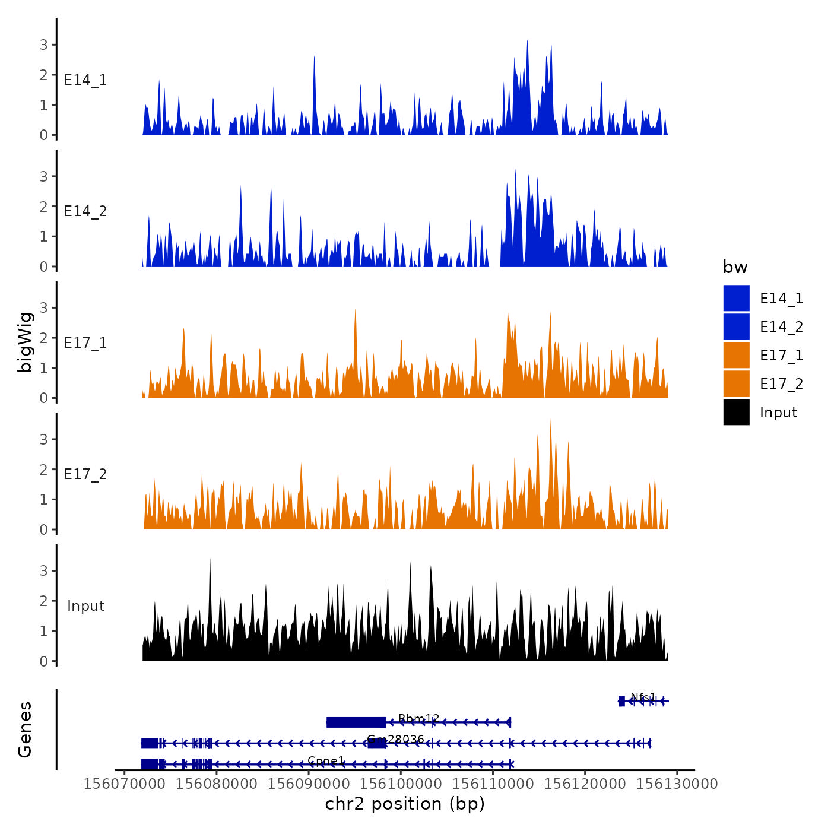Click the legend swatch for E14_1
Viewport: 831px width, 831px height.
pyautogui.click(x=736, y=298)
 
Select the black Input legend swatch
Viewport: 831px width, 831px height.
pyautogui.click(x=736, y=412)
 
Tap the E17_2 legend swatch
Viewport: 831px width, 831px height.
pyautogui.click(x=736, y=383)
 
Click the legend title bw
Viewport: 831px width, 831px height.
pyautogui.click(x=735, y=268)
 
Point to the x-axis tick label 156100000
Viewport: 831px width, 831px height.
pyautogui.click(x=401, y=784)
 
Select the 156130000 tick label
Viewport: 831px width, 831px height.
pyautogui.click(x=677, y=784)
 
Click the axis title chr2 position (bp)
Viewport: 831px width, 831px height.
pyautogui.click(x=405, y=804)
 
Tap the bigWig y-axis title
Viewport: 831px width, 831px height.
pyautogui.click(x=25, y=342)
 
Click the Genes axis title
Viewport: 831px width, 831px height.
pyautogui.click(x=25, y=729)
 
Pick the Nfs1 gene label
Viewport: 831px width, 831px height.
pyautogui.click(x=643, y=697)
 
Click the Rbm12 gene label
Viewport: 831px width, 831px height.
pyautogui.click(x=418, y=719)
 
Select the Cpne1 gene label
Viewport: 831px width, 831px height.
pyautogui.click(x=326, y=760)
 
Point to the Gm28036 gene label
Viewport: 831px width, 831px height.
pyautogui.click(x=395, y=739)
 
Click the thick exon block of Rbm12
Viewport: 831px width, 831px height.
pyautogui.click(x=356, y=722)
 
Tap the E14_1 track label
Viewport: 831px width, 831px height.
pyautogui.click(x=85, y=80)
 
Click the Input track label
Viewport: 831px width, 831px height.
pyautogui.click(x=85, y=606)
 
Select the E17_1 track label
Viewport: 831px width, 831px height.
pyautogui.click(x=85, y=343)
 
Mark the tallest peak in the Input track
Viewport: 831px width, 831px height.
pyautogui.click(x=210, y=561)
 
